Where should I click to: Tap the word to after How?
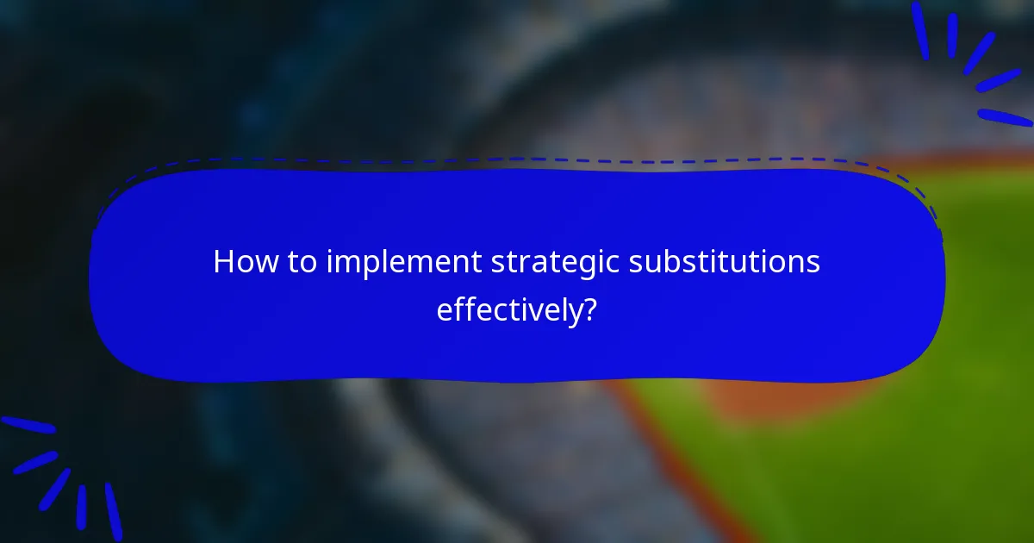point(302,262)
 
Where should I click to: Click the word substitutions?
point(724,262)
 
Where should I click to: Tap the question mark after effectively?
point(589,309)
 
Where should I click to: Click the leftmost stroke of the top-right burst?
point(920,30)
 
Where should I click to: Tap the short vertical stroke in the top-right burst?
point(953,35)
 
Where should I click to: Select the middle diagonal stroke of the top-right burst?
point(979,53)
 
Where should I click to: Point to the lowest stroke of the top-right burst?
point(1005,117)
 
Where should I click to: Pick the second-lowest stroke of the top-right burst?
point(998,80)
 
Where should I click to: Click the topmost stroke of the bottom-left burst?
point(28,425)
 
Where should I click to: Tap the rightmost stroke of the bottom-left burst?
point(113,510)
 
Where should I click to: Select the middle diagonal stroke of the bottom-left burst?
point(55,489)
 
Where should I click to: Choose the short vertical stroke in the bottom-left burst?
point(81,507)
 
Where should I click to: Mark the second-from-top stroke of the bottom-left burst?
point(35,462)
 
